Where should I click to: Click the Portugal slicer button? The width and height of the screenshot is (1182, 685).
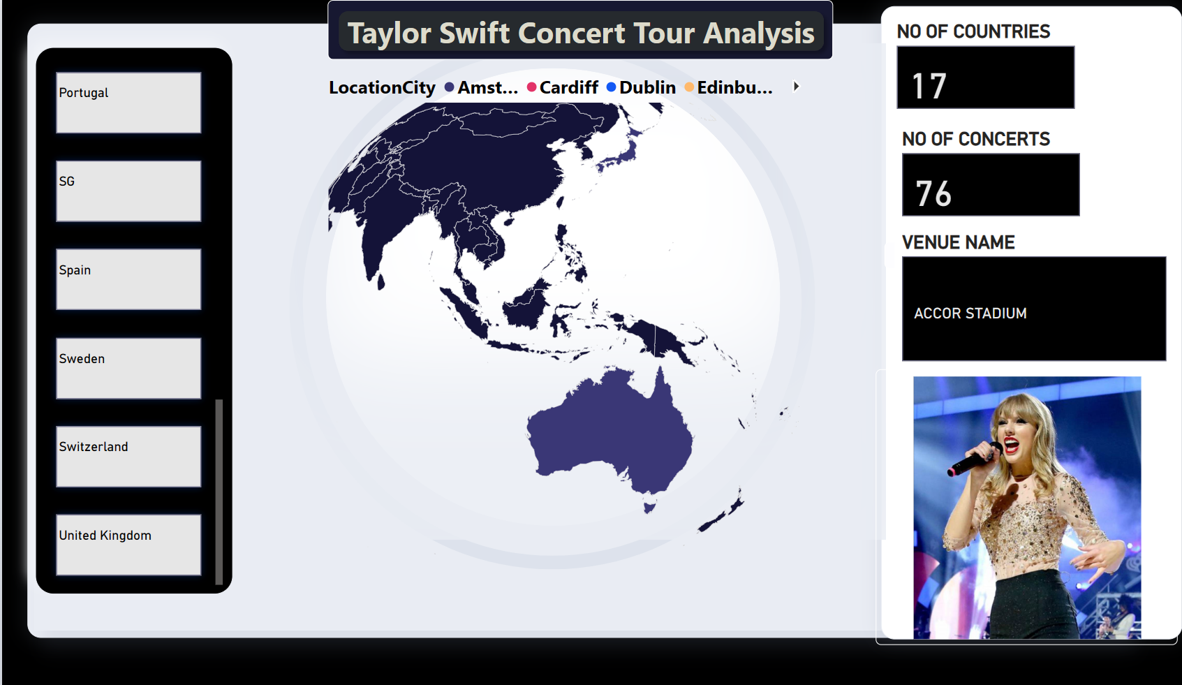[x=128, y=103]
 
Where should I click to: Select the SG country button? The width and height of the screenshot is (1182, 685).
[x=128, y=191]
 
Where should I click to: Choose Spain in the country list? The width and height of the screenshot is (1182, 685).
[x=128, y=279]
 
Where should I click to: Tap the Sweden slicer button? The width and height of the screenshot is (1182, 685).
[x=128, y=369]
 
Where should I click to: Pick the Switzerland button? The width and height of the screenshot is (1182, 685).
[x=128, y=457]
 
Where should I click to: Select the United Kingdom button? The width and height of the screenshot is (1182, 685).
[x=128, y=545]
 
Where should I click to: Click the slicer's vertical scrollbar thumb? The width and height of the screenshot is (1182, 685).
[x=219, y=492]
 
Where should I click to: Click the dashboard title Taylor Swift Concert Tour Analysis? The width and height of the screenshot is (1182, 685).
[x=580, y=33]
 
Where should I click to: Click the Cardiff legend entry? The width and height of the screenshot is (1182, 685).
[x=563, y=87]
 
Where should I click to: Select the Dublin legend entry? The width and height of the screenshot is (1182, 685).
[x=641, y=87]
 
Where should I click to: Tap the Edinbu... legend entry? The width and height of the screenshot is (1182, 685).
[x=729, y=87]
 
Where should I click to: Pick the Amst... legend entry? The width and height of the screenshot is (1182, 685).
[x=481, y=87]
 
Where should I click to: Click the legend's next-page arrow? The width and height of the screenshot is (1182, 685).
[x=797, y=87]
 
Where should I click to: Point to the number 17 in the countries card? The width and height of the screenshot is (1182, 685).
[x=929, y=86]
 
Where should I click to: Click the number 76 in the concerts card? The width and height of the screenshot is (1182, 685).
[x=933, y=193]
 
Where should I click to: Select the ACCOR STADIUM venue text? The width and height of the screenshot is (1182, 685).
[x=970, y=314]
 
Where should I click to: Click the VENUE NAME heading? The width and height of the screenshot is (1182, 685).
[x=959, y=242]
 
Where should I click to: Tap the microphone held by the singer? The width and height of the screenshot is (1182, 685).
[x=974, y=459]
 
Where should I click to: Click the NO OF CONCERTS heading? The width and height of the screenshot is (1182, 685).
[x=975, y=139]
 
